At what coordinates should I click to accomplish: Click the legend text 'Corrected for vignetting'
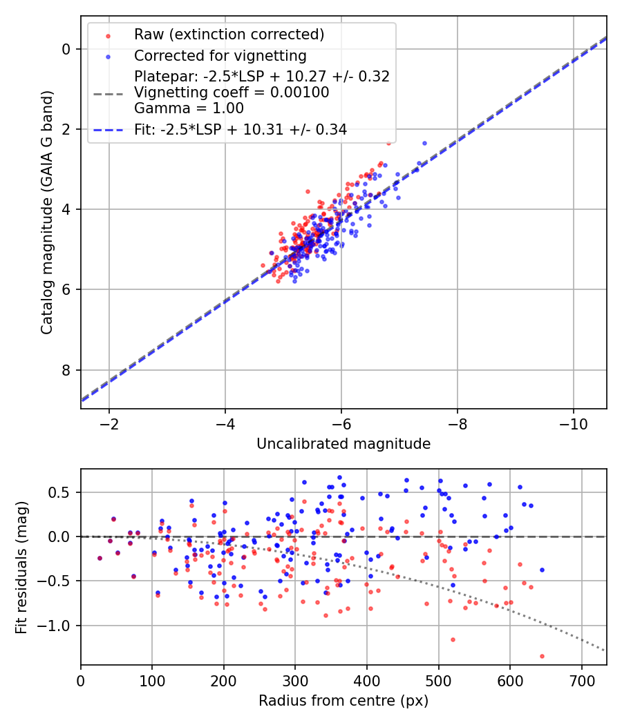(220, 55)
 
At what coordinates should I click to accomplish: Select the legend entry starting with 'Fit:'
(241, 128)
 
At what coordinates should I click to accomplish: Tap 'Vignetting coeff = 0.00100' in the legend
(232, 92)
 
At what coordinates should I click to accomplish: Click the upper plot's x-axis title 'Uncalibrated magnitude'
(343, 444)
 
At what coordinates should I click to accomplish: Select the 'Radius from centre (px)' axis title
(343, 701)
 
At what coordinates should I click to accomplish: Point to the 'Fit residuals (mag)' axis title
(21, 567)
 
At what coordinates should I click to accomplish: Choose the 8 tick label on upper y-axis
(66, 370)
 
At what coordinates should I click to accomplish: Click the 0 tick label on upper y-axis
(66, 48)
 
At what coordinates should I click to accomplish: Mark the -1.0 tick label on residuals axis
(59, 626)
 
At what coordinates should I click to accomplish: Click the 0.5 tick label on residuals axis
(62, 492)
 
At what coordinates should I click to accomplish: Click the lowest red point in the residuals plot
(542, 656)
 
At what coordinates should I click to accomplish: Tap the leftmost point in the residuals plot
(100, 558)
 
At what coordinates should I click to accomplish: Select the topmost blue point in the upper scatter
(424, 143)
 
